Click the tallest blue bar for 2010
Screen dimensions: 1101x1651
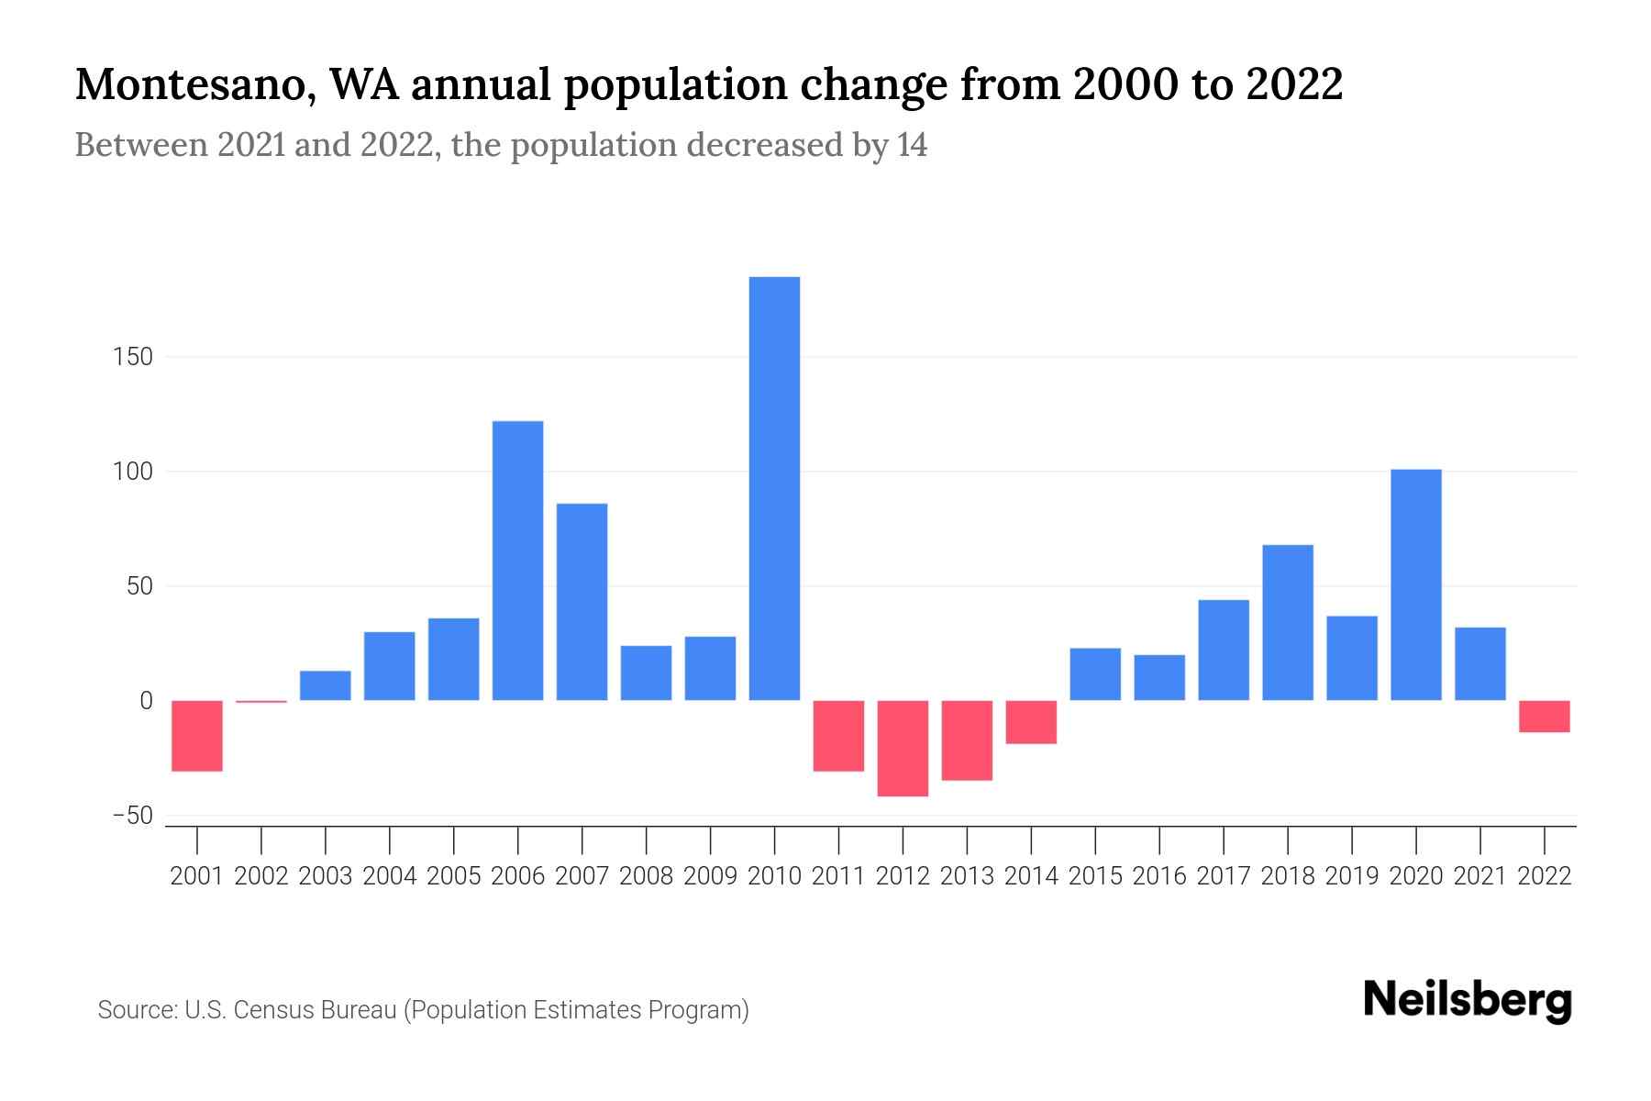click(x=774, y=488)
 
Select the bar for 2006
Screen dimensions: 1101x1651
click(x=517, y=561)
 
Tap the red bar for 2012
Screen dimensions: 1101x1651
click(x=903, y=748)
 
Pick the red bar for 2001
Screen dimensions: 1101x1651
click(x=197, y=736)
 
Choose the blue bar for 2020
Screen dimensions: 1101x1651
click(x=1415, y=584)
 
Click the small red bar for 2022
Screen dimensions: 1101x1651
click(x=1544, y=717)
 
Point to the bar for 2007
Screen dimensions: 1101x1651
click(x=582, y=602)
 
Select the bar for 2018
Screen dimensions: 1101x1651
click(x=1287, y=622)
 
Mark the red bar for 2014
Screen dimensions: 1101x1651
click(x=1031, y=722)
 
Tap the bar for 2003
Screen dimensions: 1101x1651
click(x=326, y=685)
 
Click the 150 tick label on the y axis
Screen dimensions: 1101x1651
click(x=133, y=357)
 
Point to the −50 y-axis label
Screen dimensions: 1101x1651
click(x=132, y=816)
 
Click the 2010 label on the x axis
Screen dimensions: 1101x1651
click(x=774, y=876)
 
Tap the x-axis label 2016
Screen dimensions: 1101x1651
click(x=1159, y=876)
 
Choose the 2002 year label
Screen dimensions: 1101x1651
click(x=261, y=876)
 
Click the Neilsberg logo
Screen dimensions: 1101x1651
click(x=1468, y=1001)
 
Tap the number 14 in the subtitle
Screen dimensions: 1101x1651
click(x=912, y=145)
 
